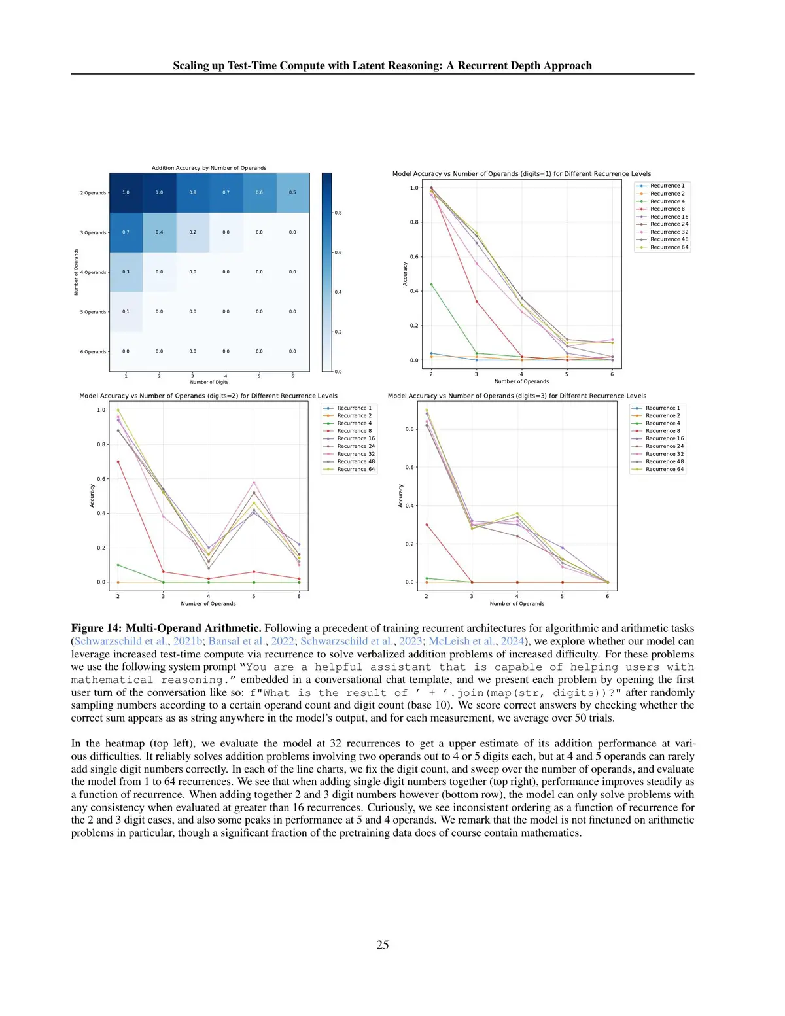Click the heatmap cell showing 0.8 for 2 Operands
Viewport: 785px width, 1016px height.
[193, 192]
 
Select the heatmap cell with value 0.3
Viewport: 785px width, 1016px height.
[126, 272]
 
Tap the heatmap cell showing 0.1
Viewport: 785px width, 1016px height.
[126, 311]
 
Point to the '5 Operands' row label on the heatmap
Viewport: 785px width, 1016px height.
[94, 312]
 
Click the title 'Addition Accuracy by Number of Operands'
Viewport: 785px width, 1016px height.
[209, 168]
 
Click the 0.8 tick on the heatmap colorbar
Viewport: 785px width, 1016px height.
[338, 213]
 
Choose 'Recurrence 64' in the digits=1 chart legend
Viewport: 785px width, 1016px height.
[669, 247]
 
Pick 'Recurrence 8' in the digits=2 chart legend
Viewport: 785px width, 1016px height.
[354, 431]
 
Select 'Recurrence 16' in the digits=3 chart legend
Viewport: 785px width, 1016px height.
[664, 438]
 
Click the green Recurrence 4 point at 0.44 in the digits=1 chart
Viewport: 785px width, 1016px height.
[431, 285]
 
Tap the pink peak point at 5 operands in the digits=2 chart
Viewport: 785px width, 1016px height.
[254, 483]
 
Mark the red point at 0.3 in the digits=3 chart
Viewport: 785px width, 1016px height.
[427, 525]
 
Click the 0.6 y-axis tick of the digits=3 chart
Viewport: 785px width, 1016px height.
[410, 467]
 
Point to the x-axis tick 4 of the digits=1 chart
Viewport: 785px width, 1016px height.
[521, 374]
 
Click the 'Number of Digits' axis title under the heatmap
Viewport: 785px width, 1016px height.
[209, 382]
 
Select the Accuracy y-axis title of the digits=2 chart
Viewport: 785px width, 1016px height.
[92, 496]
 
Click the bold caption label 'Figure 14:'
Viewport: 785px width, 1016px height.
[96, 628]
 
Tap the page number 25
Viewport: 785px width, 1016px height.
[383, 945]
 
